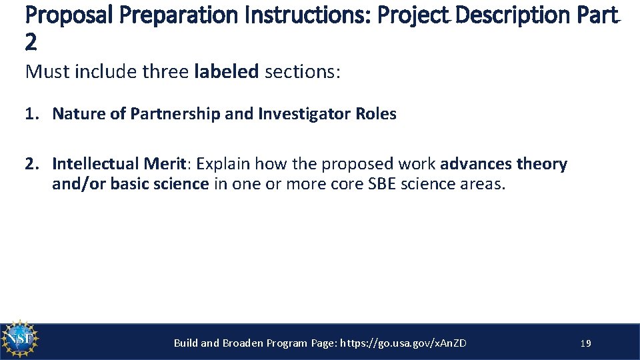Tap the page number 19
pos(586,343)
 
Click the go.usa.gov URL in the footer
pos(403,343)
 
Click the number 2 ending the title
pos(31,43)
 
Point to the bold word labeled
pos(226,71)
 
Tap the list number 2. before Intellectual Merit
pos(32,164)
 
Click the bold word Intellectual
pos(97,164)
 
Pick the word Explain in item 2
pos(223,164)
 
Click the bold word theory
pos(541,164)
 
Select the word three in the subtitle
pos(166,71)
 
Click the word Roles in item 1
pos(375,114)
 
